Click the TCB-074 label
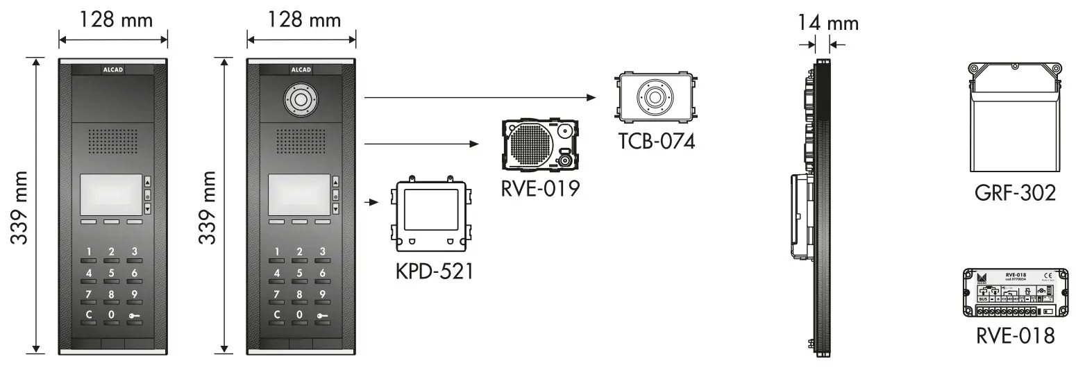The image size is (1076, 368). click(656, 142)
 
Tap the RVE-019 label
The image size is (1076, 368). click(540, 187)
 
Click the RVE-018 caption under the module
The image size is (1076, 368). click(1015, 335)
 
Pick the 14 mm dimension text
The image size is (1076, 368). click(827, 23)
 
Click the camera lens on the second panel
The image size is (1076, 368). click(300, 100)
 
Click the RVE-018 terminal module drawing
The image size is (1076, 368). click(1014, 292)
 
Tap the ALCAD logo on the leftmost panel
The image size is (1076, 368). click(112, 69)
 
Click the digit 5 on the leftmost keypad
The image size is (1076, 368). click(111, 273)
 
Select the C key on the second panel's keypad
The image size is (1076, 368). click(277, 315)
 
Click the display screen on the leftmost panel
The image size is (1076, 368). click(111, 194)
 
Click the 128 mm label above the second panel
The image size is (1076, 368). click(302, 19)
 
